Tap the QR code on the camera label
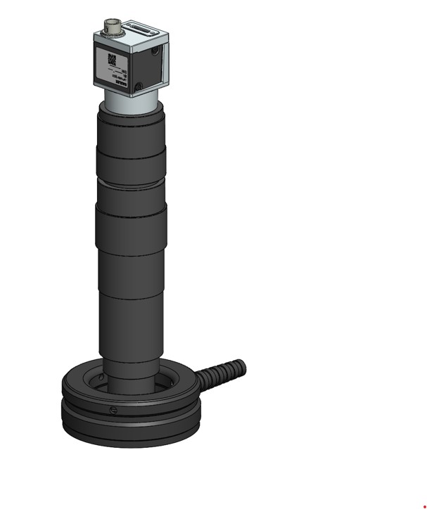click(110, 59)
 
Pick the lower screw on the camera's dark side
click(139, 87)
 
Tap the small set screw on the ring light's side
click(111, 410)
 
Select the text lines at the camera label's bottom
click(117, 80)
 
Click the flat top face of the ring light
click(84, 380)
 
